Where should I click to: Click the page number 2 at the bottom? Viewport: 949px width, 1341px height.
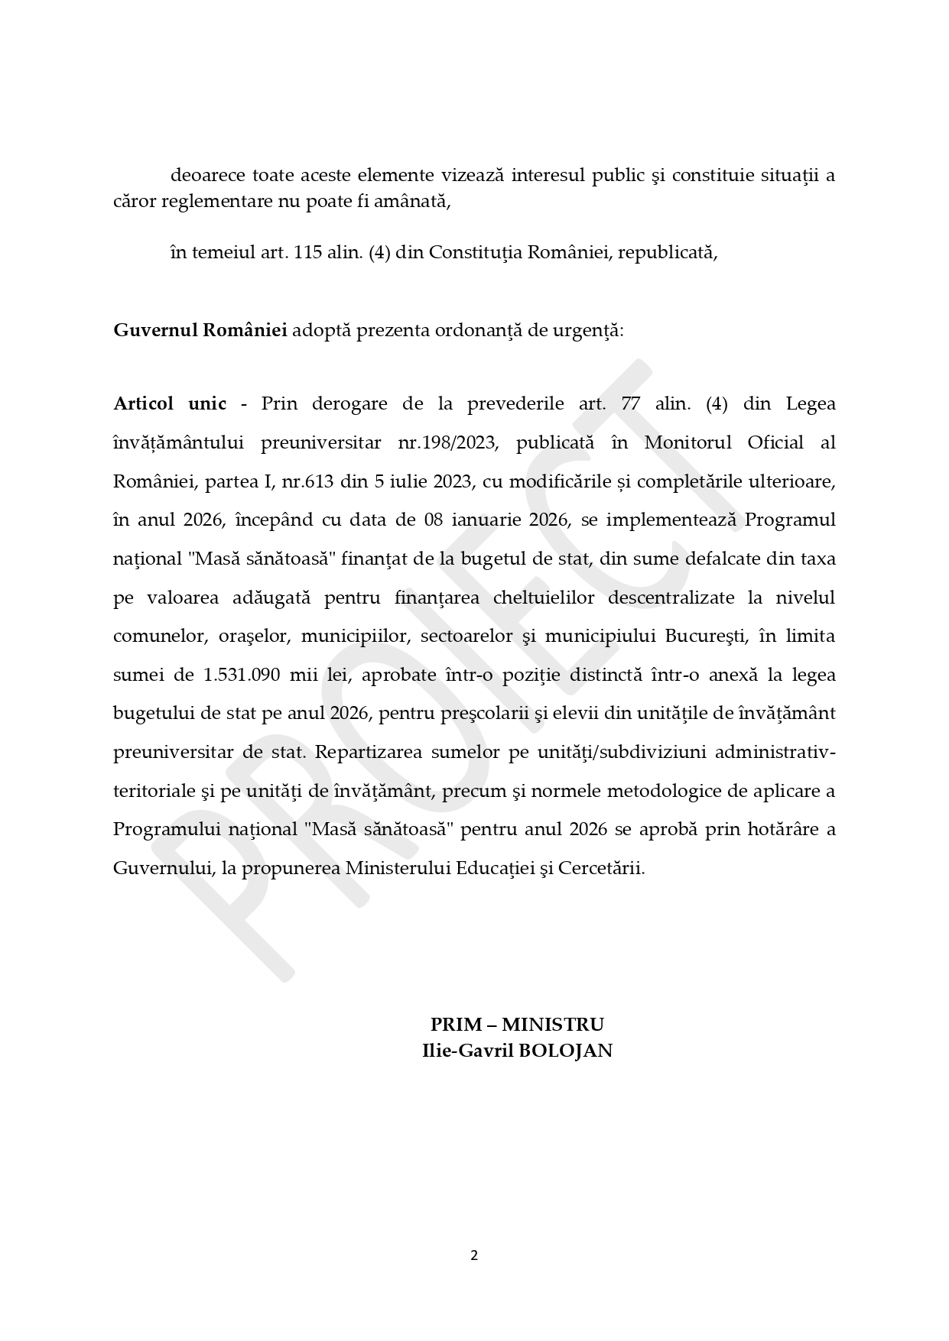click(x=474, y=1255)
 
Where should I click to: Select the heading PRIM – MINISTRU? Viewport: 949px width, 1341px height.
click(x=517, y=1025)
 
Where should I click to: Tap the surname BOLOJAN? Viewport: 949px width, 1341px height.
click(x=566, y=1051)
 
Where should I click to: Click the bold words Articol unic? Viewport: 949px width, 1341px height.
click(x=170, y=403)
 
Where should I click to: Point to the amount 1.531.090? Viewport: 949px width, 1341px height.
click(x=242, y=675)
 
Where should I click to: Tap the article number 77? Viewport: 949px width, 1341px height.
click(x=631, y=403)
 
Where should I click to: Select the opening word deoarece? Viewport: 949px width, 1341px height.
click(x=207, y=175)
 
